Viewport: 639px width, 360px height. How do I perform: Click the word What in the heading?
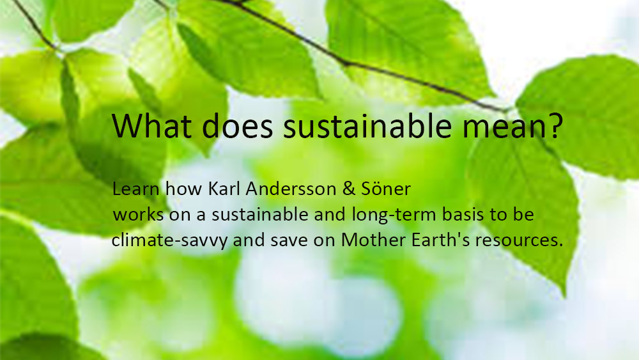151,125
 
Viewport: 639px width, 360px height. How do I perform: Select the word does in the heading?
237,125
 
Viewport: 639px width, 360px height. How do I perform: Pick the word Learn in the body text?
135,189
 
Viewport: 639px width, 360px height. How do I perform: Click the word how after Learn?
184,189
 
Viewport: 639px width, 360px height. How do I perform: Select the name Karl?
224,189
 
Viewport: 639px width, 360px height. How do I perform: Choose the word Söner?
385,189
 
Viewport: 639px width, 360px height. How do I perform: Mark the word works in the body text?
138,214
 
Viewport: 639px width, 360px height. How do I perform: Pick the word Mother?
373,240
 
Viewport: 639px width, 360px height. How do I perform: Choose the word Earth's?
441,240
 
